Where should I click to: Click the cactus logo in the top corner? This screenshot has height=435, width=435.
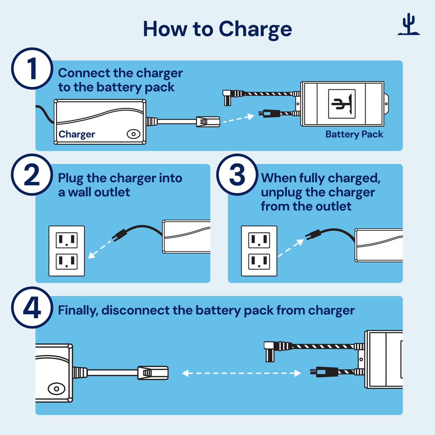coord(409,25)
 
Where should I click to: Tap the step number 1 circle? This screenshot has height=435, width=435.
coord(32,69)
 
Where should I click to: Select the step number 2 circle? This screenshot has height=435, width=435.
coord(32,175)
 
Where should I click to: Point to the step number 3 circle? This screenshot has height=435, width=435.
coord(237,175)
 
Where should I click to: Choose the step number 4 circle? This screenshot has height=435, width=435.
coord(32,308)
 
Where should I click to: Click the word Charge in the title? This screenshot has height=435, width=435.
coord(255,30)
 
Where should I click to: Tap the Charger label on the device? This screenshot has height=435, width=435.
coord(77,134)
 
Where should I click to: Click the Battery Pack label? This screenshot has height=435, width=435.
coord(354,134)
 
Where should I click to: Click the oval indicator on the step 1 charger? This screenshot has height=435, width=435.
coord(133,134)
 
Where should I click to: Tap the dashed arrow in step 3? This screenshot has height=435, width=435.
coord(291,248)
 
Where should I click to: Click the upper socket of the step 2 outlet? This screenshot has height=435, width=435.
coord(67,240)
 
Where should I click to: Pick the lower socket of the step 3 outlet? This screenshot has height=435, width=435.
coord(259,262)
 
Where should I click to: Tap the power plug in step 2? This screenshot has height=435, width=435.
coord(120,235)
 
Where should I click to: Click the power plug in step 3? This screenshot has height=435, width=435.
coord(313,235)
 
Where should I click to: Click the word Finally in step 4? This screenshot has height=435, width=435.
coord(78,310)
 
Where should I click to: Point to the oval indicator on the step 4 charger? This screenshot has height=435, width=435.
coord(56,389)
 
